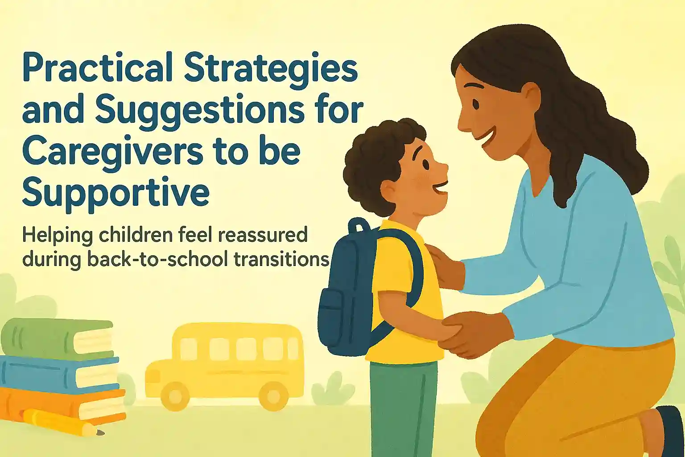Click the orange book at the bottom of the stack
tap(63, 406)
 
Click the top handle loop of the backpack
tap(359, 225)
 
